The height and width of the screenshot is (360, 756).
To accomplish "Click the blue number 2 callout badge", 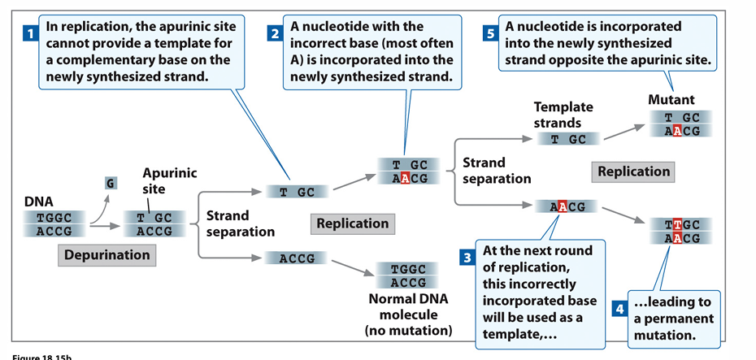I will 275,34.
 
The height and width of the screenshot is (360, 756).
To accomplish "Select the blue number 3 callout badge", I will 467,258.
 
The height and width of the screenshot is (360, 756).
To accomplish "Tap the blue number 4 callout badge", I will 619,310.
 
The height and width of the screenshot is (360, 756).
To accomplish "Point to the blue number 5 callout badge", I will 490,34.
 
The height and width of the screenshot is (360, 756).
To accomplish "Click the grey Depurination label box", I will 108,254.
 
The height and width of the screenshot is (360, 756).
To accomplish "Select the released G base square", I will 110,183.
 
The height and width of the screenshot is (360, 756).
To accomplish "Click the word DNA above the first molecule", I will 39,200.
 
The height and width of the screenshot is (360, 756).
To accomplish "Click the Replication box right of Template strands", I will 633,171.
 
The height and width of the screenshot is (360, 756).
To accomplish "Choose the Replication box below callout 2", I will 352,223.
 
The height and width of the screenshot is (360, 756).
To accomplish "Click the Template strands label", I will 563,115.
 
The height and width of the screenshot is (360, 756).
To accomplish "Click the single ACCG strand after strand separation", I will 297,258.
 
